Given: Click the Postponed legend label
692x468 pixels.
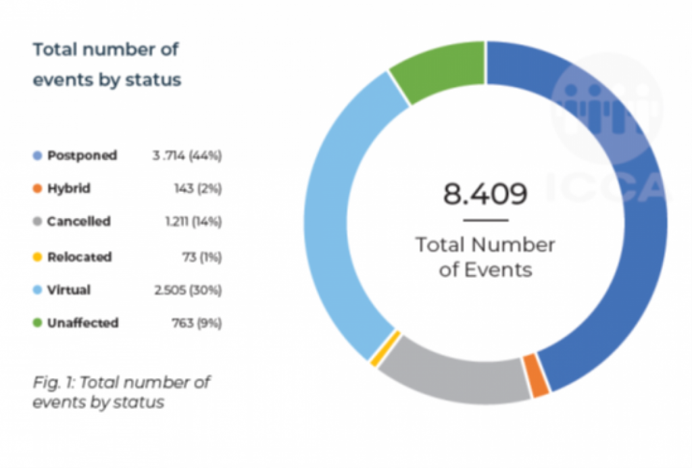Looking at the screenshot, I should [x=82, y=155].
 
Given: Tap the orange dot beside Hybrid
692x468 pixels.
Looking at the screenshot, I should [x=38, y=188].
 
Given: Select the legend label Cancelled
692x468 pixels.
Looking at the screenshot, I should [x=79, y=222].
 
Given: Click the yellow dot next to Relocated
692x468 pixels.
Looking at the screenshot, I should [x=38, y=257].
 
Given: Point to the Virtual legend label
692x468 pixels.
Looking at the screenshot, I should [x=69, y=290].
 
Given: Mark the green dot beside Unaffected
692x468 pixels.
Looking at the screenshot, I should [x=38, y=323].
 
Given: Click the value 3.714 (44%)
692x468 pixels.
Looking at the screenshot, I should [x=187, y=155].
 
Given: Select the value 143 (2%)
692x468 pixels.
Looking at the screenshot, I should [x=198, y=188].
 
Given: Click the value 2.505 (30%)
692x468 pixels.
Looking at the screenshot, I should [x=188, y=290].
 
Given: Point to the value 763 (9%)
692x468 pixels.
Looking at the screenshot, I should [x=198, y=323].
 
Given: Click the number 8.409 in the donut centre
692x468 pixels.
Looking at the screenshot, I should [x=485, y=194].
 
